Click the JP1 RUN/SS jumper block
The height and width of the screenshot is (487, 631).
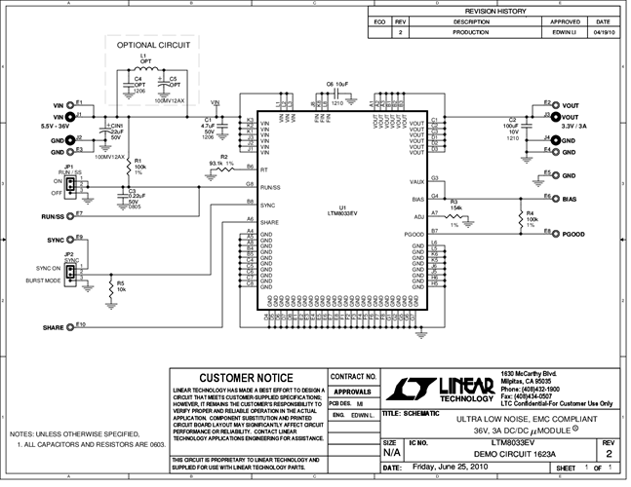tap(70, 186)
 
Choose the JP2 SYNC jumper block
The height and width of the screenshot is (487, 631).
tap(70, 269)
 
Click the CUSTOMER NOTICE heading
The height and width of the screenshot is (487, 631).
tap(245, 378)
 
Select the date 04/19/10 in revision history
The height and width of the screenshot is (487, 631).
tap(603, 32)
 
